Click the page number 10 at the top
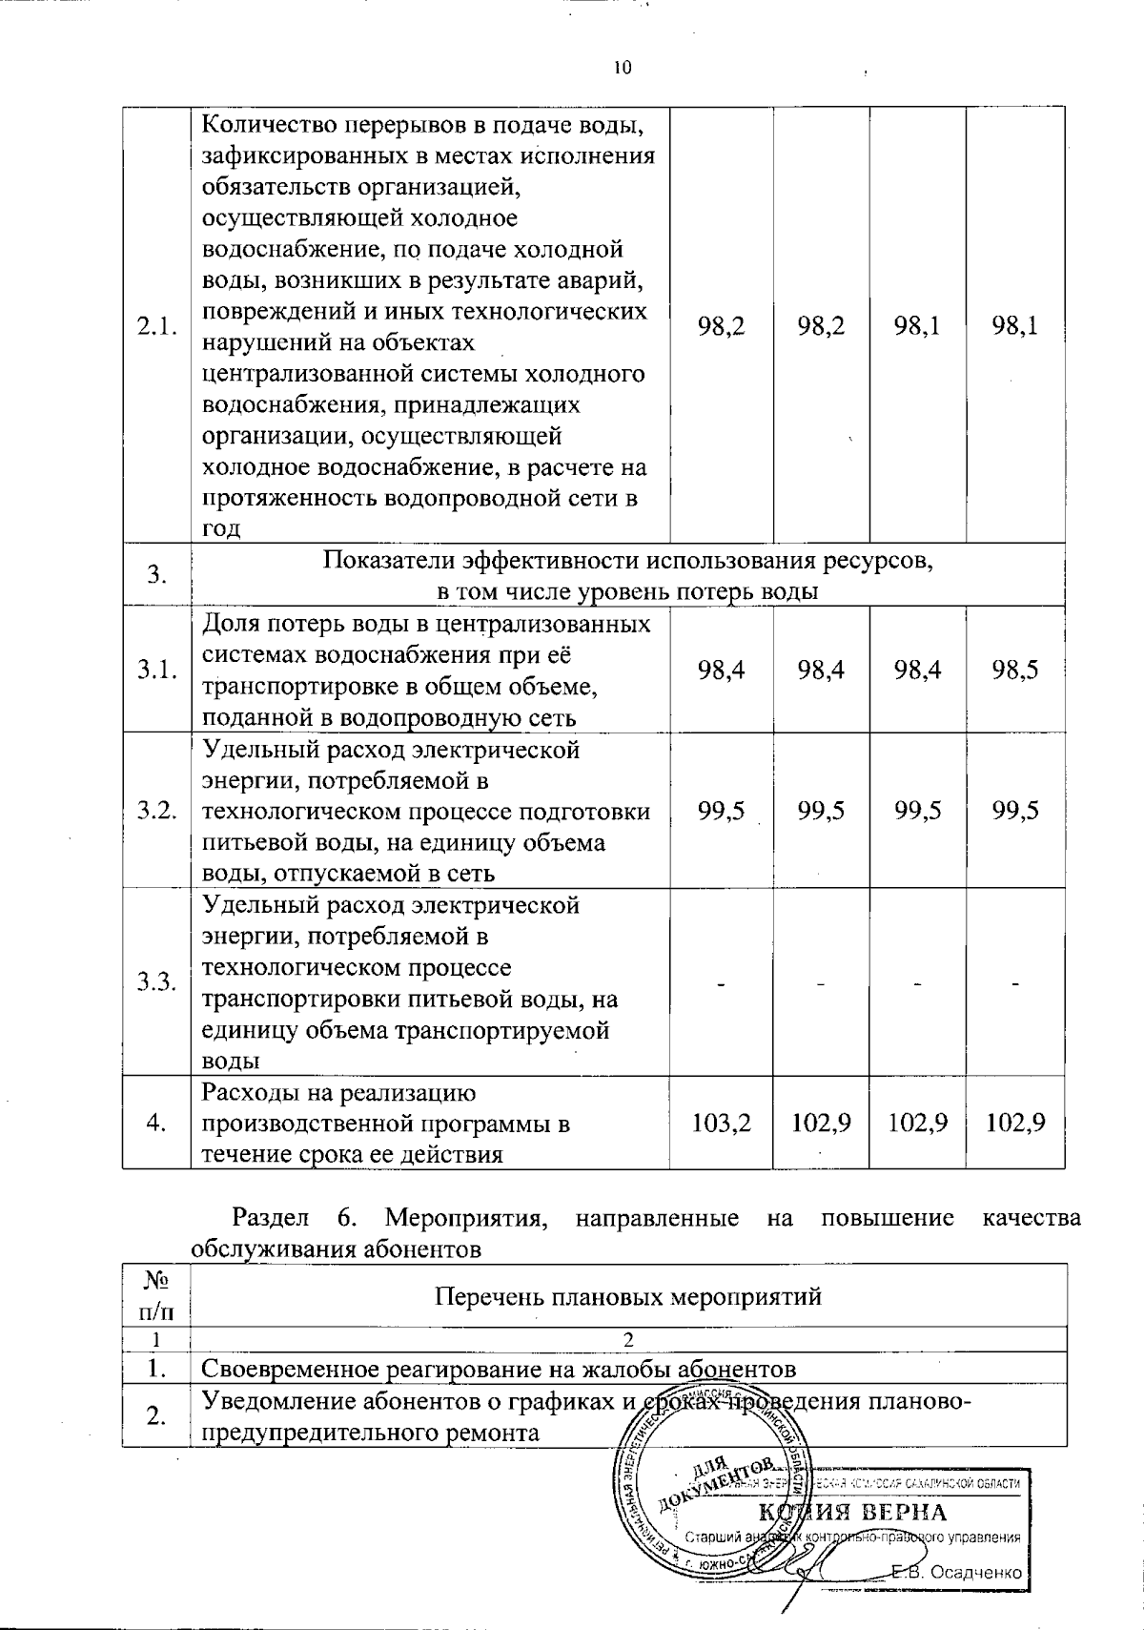622,67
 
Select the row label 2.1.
156,326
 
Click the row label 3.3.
156,982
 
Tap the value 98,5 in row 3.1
1014,670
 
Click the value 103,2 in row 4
721,1124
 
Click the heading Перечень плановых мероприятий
627,1296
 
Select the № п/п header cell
156,1295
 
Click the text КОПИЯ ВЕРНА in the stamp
852,1513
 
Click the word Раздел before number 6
270,1218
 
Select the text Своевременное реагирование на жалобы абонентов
498,1370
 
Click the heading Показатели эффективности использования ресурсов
627,561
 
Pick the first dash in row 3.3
721,982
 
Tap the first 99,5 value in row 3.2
721,811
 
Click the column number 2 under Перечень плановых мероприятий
627,1340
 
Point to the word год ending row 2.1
221,529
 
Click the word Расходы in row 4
245,1093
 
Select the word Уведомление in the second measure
278,1402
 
